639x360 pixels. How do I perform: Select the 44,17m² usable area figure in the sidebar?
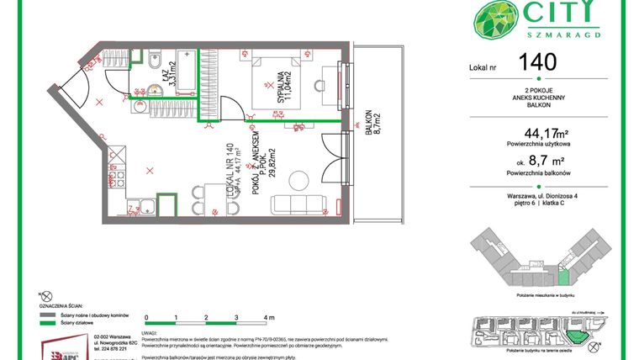546,132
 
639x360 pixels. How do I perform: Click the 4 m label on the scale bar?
268,319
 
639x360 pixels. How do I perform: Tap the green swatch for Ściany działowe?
45,322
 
